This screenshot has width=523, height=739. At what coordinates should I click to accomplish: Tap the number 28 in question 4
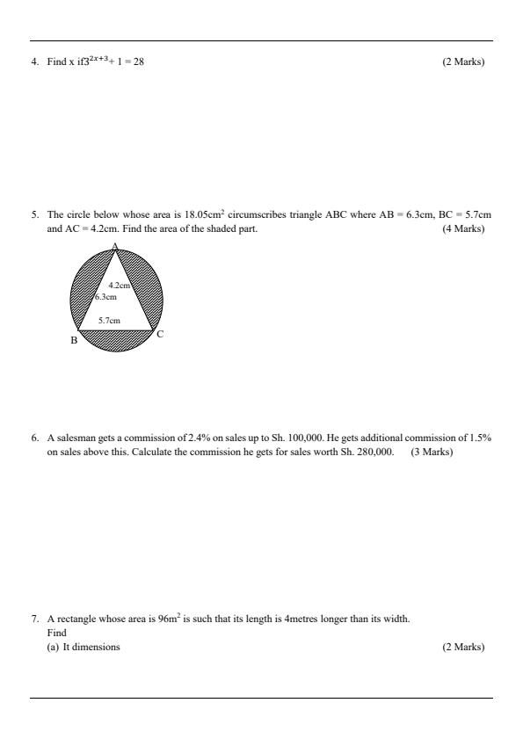click(x=138, y=62)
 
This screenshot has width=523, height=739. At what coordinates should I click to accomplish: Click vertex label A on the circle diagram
click(x=114, y=245)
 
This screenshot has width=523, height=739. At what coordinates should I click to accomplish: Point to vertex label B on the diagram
click(x=74, y=341)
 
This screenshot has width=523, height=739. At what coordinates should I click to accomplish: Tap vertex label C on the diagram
click(x=160, y=334)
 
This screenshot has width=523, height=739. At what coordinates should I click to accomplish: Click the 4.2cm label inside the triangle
click(x=119, y=286)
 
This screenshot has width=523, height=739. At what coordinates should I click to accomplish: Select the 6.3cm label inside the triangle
click(x=105, y=297)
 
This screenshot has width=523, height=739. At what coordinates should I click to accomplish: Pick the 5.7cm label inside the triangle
click(x=110, y=321)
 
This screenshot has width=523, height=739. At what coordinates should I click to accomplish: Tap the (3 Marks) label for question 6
click(x=432, y=452)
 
